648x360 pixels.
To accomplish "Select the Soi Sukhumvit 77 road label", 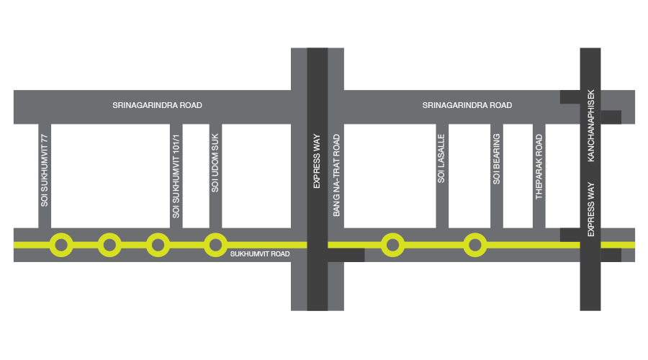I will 44,171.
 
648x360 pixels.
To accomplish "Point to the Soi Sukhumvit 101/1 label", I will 174,177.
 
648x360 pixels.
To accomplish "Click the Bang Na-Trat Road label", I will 336,174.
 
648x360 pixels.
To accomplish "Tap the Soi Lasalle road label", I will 442,158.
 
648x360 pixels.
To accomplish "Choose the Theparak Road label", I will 537,164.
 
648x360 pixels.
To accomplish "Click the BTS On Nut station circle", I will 61,245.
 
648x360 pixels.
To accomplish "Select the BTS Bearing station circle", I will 474,245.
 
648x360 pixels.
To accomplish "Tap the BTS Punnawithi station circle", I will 158,245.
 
